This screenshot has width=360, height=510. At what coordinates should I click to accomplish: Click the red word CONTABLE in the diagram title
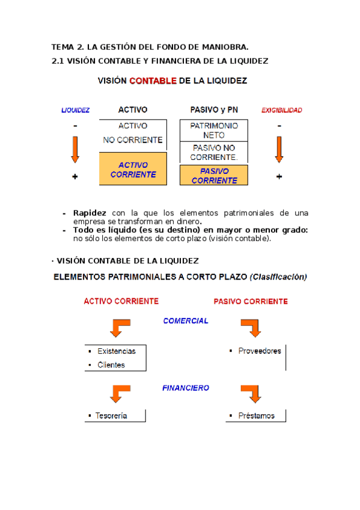point(152,81)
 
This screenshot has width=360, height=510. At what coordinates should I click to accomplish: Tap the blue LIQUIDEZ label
point(76,111)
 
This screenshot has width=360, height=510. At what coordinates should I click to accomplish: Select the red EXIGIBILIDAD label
point(281,111)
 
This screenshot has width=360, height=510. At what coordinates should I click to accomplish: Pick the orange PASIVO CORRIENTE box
point(214,175)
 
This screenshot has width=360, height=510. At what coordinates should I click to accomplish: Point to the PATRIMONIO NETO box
point(214,131)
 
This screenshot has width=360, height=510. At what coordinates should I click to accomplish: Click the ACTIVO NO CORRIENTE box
point(133,133)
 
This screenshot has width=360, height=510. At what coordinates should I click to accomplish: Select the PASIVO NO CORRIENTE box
point(214,153)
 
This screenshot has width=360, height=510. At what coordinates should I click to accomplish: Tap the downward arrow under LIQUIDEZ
point(75,149)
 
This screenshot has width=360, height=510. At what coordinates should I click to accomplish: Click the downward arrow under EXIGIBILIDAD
point(279,149)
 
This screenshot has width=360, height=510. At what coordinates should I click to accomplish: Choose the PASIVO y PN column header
point(214,111)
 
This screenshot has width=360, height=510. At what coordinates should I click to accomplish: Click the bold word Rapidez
point(90,213)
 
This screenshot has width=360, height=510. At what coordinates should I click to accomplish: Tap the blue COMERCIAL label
point(186,321)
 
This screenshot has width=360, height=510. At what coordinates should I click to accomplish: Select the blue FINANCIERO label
point(186,388)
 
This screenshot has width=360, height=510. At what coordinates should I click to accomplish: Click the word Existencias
point(117,351)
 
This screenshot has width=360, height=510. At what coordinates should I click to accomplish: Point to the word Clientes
point(111,364)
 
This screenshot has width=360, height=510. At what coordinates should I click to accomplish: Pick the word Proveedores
point(259,351)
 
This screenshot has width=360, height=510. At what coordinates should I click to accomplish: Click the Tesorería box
point(114,416)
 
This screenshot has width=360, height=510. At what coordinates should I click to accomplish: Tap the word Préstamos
point(256,416)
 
